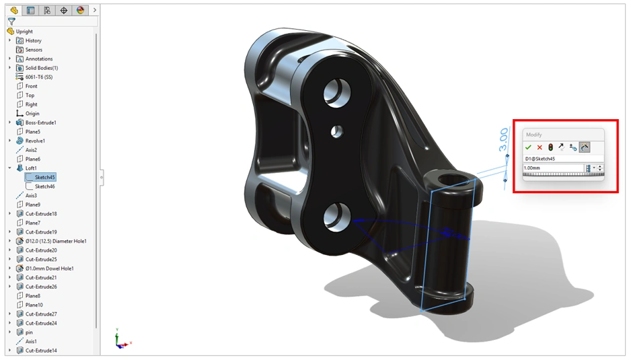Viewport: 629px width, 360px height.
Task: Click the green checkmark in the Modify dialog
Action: point(528,147)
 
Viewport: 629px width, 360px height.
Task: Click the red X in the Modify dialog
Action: point(540,147)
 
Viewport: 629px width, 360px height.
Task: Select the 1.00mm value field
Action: point(554,168)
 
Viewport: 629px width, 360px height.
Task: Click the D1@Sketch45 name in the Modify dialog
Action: point(540,159)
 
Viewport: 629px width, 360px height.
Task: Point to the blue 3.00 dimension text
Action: point(503,139)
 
